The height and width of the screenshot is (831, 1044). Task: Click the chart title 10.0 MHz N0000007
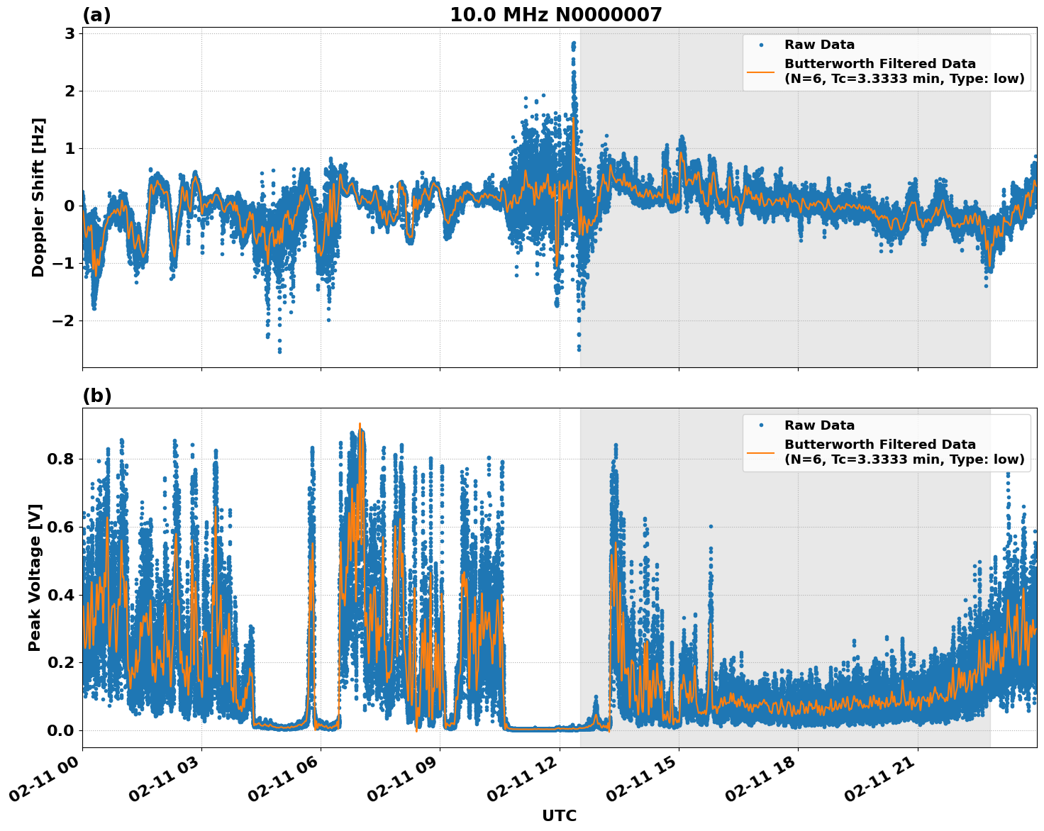(x=555, y=15)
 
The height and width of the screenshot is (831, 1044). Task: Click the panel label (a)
(x=96, y=15)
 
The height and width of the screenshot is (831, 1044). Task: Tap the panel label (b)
(x=96, y=396)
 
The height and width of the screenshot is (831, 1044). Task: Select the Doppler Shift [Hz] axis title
(x=38, y=197)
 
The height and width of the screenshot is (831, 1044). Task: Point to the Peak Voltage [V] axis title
(x=35, y=577)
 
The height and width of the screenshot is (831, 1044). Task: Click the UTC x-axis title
(x=559, y=815)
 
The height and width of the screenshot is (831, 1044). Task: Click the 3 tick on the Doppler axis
(x=69, y=33)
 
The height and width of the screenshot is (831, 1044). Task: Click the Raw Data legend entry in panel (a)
(x=819, y=45)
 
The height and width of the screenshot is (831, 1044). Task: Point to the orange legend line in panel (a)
(x=761, y=71)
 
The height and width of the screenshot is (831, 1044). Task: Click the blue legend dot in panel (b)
(x=761, y=425)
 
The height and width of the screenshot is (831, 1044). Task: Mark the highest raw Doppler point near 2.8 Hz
(x=573, y=43)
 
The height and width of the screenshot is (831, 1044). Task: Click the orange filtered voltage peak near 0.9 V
(x=360, y=425)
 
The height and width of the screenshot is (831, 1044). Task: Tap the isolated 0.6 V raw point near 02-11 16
(x=711, y=526)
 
